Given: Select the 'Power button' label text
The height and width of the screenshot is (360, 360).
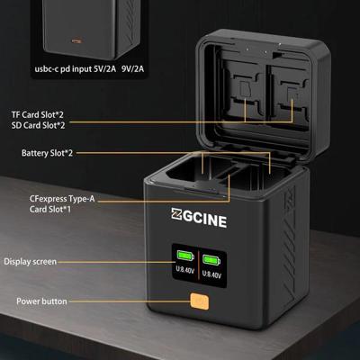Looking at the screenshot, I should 41,301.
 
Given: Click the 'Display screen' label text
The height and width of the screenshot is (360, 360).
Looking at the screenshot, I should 29,262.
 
